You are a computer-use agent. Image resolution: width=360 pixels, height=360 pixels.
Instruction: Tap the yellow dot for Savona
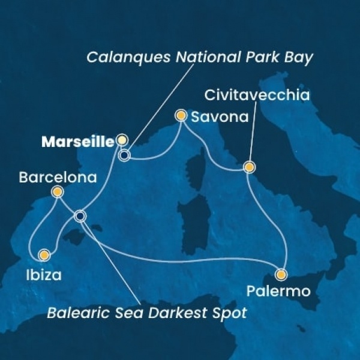pyautogui.click(x=180, y=115)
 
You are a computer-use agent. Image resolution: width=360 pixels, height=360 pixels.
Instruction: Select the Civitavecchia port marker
pyautogui.click(x=248, y=167)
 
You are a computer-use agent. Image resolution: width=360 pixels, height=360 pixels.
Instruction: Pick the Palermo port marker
pyautogui.click(x=281, y=275)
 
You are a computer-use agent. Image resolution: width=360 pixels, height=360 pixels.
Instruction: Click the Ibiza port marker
pyautogui.click(x=43, y=255)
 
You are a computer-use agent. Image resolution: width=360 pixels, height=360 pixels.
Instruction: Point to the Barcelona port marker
pyautogui.click(x=57, y=192)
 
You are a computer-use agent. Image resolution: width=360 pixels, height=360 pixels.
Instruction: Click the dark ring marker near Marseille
pyautogui.click(x=124, y=155)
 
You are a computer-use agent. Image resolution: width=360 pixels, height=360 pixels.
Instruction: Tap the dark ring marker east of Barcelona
pyautogui.click(x=80, y=215)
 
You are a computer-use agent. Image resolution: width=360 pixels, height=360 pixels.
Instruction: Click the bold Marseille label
pyautogui.click(x=77, y=142)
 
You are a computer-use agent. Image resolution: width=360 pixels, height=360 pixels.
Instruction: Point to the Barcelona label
pyautogui.click(x=50, y=178)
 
